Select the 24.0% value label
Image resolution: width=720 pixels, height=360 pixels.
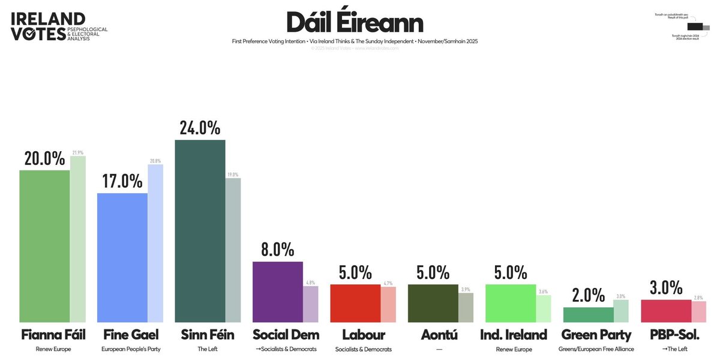[200, 128]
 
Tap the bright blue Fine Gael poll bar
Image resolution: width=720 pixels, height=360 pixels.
[122, 258]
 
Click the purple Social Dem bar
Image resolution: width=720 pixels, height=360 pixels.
[277, 292]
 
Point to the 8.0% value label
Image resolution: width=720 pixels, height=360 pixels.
[277, 250]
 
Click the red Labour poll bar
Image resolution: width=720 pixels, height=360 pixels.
[355, 304]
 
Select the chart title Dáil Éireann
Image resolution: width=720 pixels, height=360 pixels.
[355, 22]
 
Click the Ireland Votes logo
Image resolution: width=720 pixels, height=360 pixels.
[59, 27]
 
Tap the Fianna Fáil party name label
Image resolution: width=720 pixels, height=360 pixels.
[45, 335]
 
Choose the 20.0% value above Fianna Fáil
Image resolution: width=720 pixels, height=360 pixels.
[45, 158]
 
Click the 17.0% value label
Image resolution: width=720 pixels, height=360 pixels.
[122, 181]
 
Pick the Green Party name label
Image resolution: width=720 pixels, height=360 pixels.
[587, 335]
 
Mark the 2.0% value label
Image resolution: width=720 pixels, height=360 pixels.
[587, 295]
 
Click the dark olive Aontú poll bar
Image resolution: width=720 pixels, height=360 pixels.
[433, 304]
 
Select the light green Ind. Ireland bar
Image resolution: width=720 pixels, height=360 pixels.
[510, 304]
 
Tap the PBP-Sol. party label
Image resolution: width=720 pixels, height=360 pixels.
[665, 335]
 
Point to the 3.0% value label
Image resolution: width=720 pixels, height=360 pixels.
[665, 288]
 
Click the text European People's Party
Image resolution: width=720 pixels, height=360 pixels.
[122, 349]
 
